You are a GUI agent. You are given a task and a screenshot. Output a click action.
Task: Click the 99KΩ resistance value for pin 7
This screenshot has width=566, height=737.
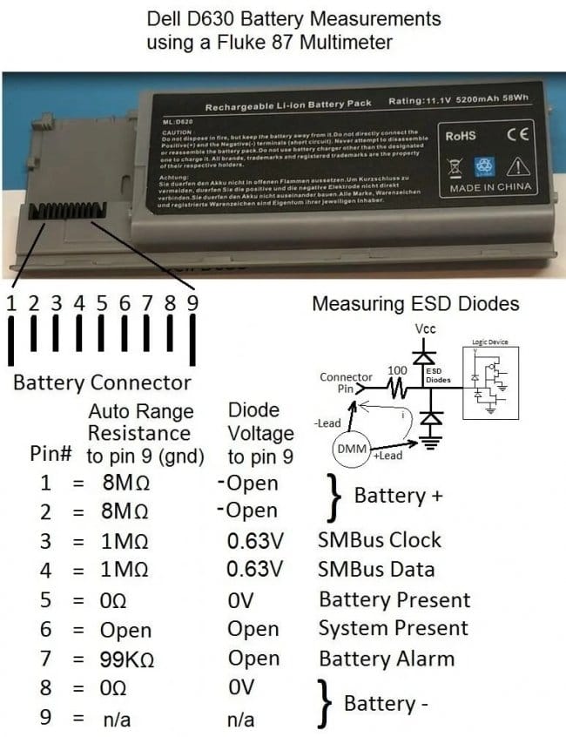127,659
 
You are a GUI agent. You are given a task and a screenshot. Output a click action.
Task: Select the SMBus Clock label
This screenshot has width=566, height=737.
380,540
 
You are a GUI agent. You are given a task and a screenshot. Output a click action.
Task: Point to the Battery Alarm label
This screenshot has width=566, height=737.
387,659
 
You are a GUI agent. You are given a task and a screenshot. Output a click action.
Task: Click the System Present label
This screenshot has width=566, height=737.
393,629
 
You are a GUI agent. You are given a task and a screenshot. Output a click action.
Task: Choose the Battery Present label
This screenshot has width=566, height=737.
394,599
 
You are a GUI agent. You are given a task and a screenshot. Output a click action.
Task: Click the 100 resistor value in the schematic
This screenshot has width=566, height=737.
398,370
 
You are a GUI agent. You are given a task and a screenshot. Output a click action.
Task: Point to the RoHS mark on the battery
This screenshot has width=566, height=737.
461,136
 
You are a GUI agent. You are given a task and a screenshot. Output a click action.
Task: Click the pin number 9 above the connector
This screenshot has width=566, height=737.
192,303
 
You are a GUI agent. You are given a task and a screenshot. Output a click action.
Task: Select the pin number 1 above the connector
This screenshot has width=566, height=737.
11,303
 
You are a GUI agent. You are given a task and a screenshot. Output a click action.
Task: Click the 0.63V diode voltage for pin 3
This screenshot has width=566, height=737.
255,540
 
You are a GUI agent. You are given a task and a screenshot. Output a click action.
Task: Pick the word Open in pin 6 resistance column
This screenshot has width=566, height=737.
125,630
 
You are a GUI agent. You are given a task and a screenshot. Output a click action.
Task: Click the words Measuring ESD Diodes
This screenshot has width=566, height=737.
415,304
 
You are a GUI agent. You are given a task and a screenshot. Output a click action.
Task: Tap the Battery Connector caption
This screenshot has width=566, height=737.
102,382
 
